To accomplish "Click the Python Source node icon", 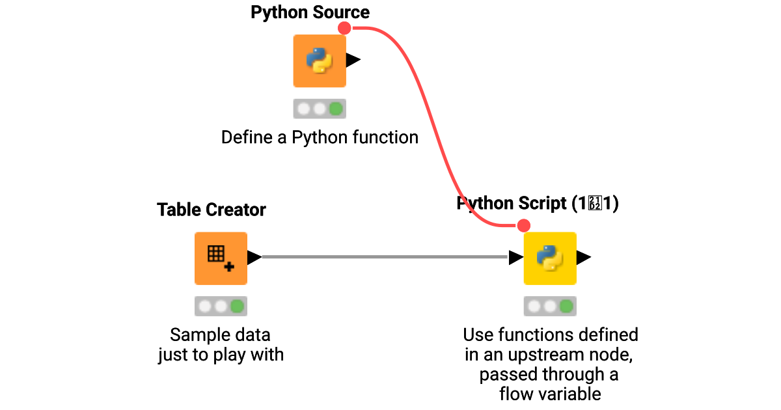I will pyautogui.click(x=320, y=61).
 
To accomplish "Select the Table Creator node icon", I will pyautogui.click(x=221, y=258).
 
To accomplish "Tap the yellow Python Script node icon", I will pyautogui.click(x=550, y=258).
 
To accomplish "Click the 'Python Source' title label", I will pyautogui.click(x=310, y=12).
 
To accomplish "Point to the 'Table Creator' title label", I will pyautogui.click(x=212, y=210).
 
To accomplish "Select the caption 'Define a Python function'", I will pyautogui.click(x=320, y=137).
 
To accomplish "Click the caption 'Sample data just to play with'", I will pyautogui.click(x=221, y=345).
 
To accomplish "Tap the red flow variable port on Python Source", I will pyautogui.click(x=344, y=28).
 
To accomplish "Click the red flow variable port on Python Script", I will pyautogui.click(x=523, y=226).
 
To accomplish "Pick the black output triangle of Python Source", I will pyautogui.click(x=353, y=61).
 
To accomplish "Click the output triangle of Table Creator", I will pyautogui.click(x=254, y=258).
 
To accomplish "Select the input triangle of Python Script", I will pyautogui.click(x=515, y=258).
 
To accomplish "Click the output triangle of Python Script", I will pyautogui.click(x=584, y=258).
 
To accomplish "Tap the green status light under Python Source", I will pyautogui.click(x=336, y=108).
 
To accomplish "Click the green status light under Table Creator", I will pyautogui.click(x=237, y=306).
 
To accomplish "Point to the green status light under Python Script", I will pyautogui.click(x=566, y=306).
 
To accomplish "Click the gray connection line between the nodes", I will pyautogui.click(x=384, y=258).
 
